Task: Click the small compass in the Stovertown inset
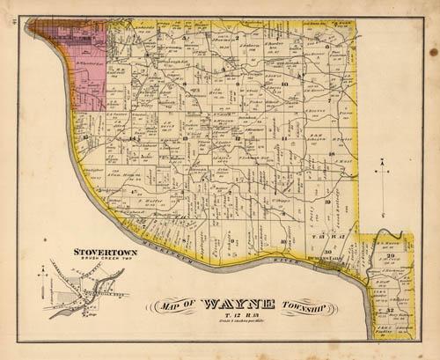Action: pos(41,279)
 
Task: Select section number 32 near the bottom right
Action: pos(389,311)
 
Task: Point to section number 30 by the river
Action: pos(327,253)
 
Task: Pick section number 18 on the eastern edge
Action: pos(332,154)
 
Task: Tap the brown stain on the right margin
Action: pos(433,53)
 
